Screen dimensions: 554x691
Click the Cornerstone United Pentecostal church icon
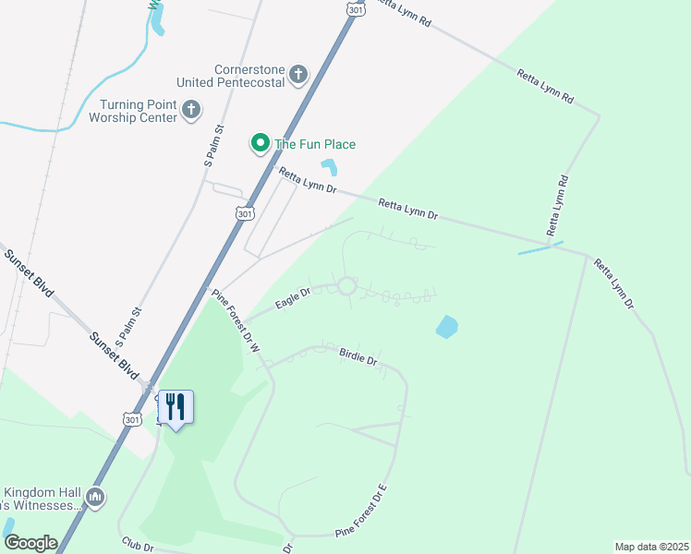tap(297, 75)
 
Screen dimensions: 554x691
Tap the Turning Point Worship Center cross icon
tap(190, 111)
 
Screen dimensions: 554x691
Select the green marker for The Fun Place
tap(260, 144)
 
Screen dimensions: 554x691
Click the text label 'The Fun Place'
tap(314, 144)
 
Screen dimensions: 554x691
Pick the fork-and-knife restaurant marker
tap(176, 407)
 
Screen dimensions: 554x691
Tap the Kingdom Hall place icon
tap(94, 499)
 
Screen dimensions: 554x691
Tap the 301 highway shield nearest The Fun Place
tap(244, 213)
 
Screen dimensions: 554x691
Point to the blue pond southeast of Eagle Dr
tap(446, 327)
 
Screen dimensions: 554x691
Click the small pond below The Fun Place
tap(329, 167)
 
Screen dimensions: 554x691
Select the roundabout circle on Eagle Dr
tap(346, 286)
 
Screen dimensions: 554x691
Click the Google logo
tap(30, 543)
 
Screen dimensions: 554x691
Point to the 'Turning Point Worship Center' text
tap(133, 111)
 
